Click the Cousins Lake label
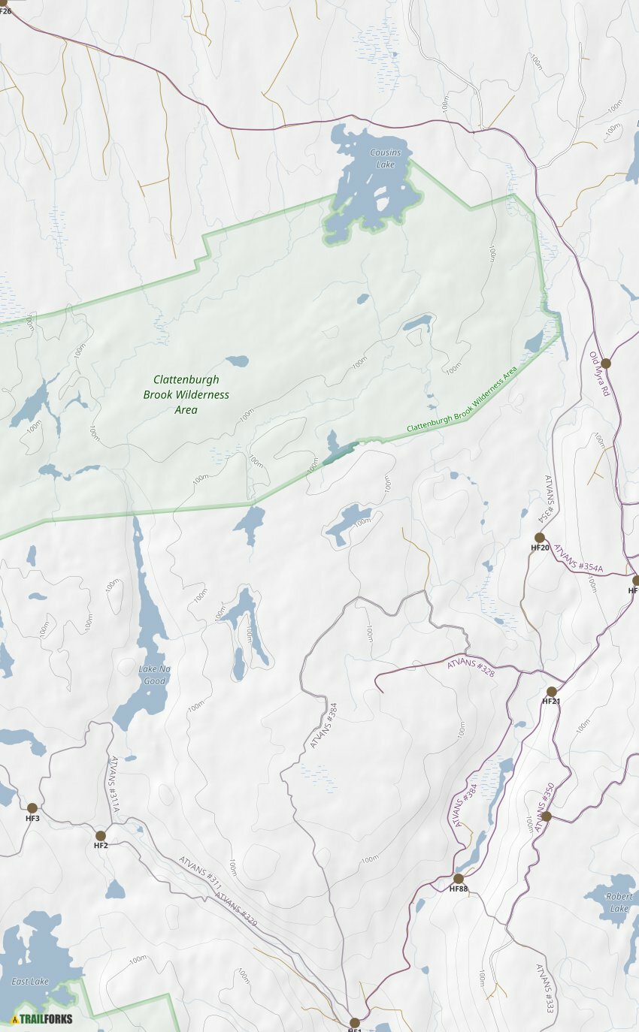[385, 158]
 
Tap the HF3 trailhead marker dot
[32, 808]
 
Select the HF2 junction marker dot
[101, 836]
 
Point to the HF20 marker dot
[539, 538]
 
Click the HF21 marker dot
[551, 692]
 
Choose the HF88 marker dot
[458, 879]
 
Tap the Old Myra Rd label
[600, 375]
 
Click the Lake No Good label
[153, 675]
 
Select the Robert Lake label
[619, 903]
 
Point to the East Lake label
[30, 981]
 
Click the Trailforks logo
[42, 1019]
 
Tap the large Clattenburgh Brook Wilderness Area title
[186, 394]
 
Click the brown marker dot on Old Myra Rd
[605, 364]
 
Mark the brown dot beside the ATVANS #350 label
[547, 816]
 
